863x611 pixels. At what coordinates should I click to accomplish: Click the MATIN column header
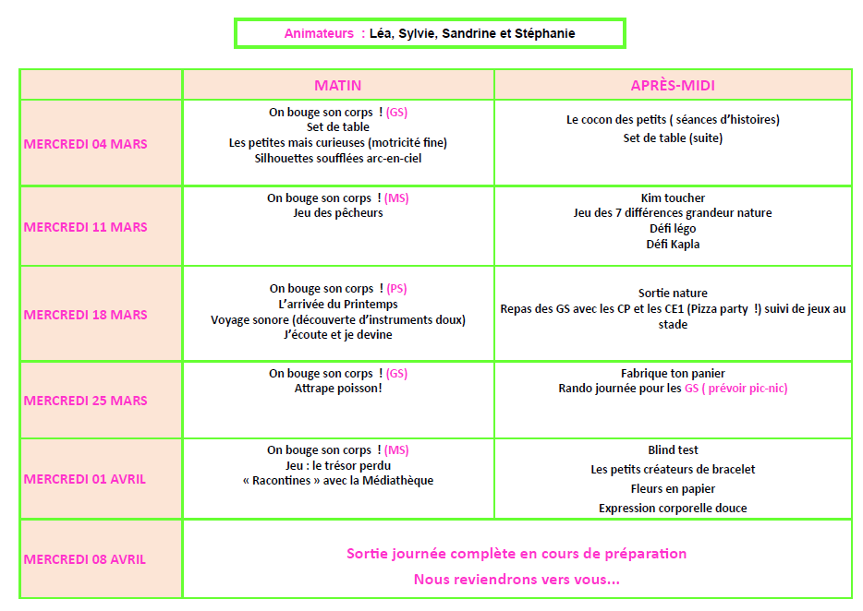[x=338, y=86]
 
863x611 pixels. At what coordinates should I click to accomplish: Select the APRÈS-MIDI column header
[x=673, y=86]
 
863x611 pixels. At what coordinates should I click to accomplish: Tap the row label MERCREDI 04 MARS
[x=86, y=144]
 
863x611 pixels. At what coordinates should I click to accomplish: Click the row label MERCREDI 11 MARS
[x=86, y=227]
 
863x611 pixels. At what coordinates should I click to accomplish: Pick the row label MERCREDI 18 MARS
[x=86, y=315]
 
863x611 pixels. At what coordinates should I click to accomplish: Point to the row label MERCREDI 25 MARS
[x=86, y=401]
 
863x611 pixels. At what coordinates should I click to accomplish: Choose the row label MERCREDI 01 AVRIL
[x=85, y=479]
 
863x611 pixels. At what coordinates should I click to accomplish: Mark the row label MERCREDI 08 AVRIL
[x=85, y=559]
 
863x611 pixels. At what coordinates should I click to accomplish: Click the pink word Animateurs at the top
[x=319, y=33]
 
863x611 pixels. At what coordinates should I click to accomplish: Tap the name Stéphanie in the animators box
[x=544, y=33]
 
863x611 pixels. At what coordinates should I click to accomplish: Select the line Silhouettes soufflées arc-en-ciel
[x=338, y=158]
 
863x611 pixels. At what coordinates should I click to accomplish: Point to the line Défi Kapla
[x=673, y=245]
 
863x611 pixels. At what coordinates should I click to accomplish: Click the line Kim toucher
[x=673, y=198]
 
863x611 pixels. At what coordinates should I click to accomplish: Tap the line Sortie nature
[x=673, y=294]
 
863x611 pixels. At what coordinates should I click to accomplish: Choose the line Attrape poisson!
[x=338, y=389]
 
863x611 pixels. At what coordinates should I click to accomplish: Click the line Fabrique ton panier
[x=673, y=374]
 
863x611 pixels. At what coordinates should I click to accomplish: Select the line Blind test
[x=673, y=450]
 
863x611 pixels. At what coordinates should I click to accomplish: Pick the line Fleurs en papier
[x=673, y=489]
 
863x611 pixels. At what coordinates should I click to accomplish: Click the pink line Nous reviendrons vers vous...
[x=517, y=580]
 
